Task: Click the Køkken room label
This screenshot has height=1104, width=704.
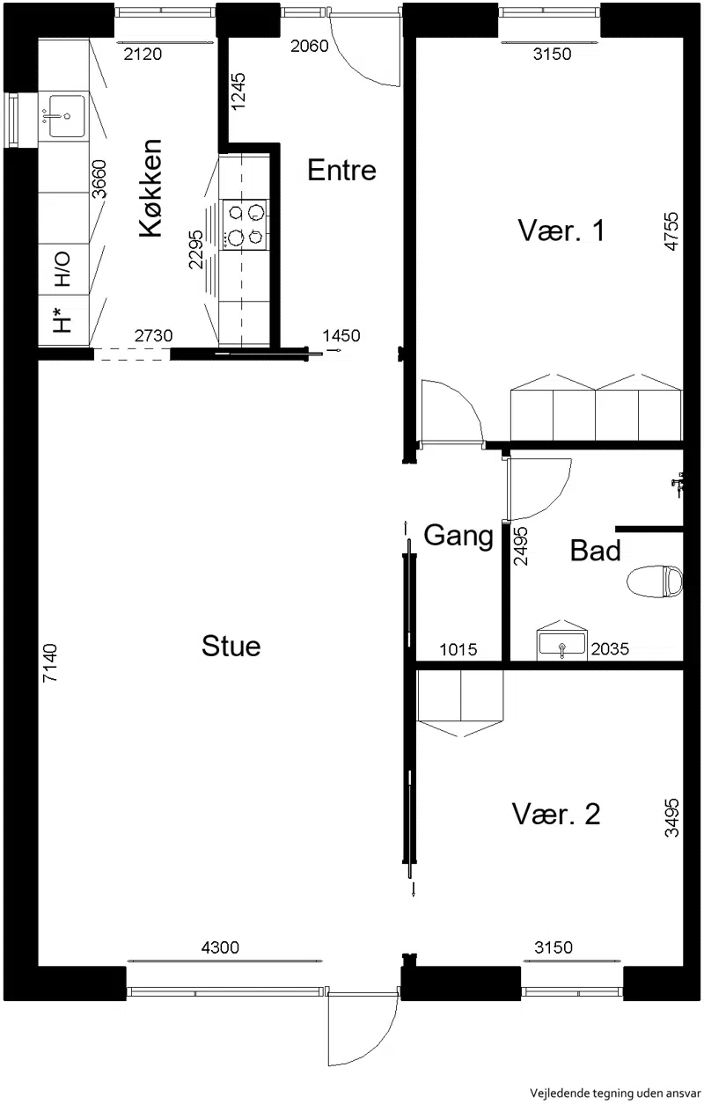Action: pos(150,187)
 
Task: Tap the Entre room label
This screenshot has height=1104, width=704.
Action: pos(341,171)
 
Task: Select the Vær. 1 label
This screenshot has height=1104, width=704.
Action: pos(561,230)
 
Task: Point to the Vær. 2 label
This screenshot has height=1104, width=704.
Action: pos(556,814)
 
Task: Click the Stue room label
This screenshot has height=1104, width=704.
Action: pos(231,647)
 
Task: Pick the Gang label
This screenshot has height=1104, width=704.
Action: pos(458,537)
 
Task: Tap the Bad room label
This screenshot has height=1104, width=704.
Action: pos(595,551)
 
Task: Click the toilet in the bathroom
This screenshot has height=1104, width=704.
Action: pos(656,582)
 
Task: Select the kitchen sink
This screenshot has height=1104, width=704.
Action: pos(67,116)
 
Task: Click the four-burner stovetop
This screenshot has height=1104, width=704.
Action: pos(245,224)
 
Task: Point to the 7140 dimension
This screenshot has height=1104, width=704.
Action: pos(50,662)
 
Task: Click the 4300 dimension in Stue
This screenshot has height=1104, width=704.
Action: pos(220,947)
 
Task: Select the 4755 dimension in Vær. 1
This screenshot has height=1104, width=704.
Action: pos(671,231)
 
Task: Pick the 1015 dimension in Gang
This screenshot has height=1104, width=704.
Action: pos(458,649)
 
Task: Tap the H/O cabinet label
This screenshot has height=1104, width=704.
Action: pos(62,269)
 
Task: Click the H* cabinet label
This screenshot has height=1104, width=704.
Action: pos(62,319)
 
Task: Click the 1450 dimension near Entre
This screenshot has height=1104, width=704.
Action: pos(341,336)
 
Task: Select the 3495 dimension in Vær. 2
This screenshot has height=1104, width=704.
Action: pos(671,817)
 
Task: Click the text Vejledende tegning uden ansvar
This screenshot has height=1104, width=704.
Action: pos(615,1093)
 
